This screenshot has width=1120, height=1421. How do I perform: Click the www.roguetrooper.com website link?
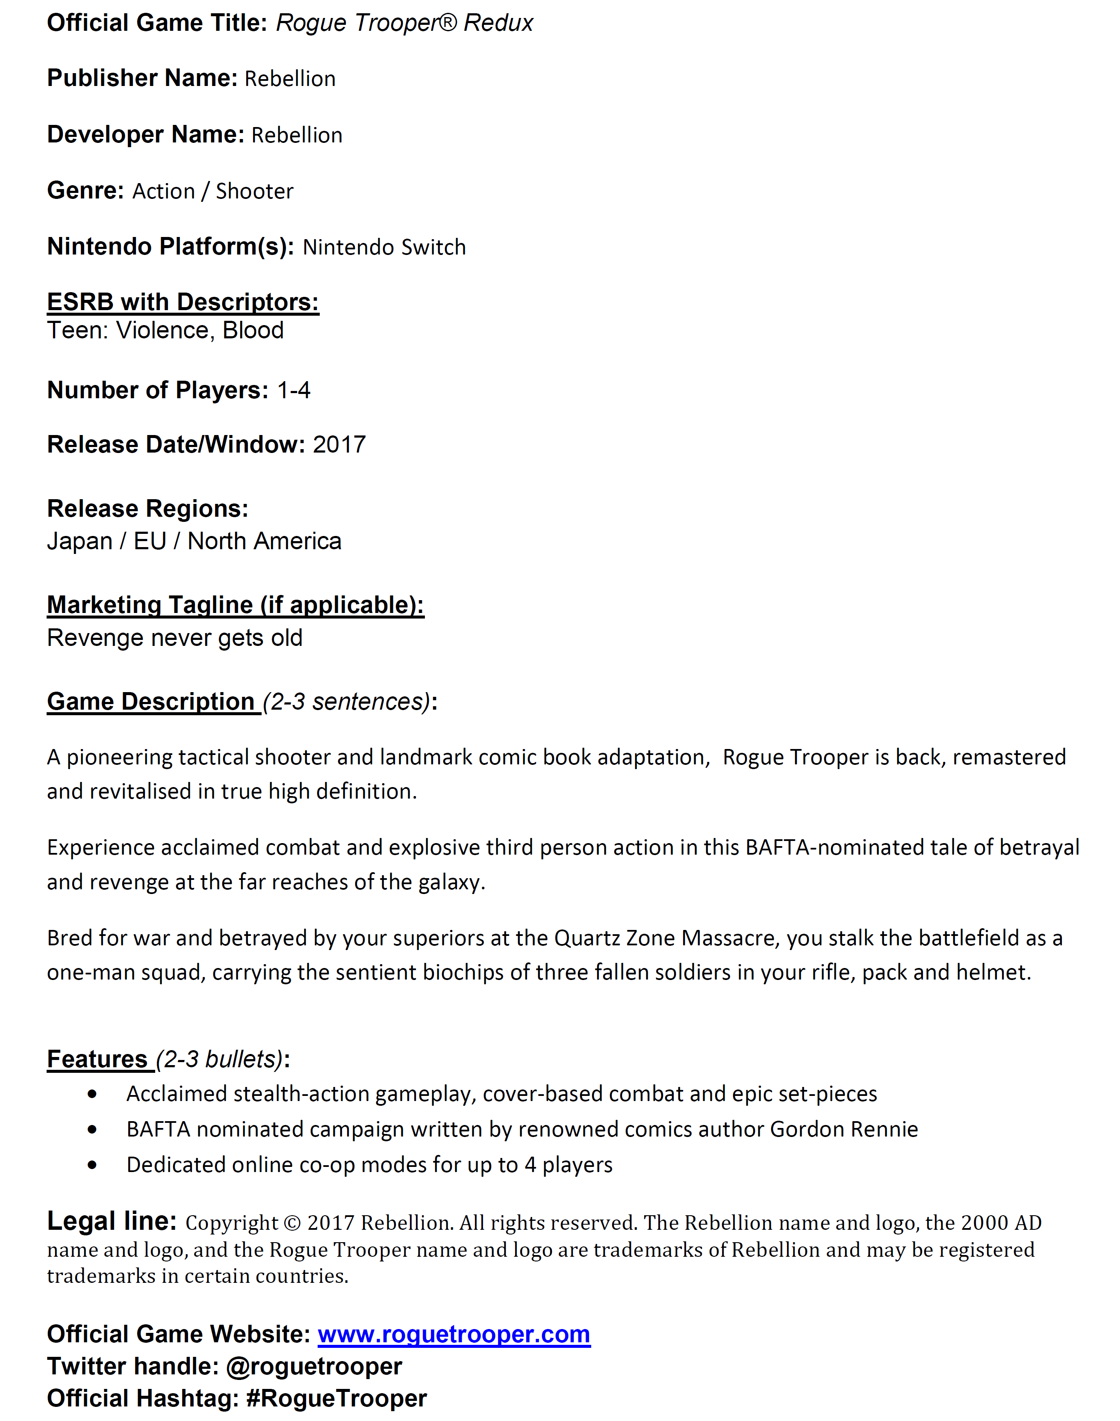454,1335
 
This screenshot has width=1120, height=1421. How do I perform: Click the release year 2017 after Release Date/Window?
339,445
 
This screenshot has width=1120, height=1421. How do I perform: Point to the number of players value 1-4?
294,391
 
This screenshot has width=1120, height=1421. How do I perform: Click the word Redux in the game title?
498,23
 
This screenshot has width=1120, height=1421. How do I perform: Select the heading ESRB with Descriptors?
183,302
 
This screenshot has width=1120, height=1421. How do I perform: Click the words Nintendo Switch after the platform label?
384,247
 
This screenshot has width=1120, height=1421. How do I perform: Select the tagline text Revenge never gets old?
174,638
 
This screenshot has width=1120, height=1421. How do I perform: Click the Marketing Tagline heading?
236,605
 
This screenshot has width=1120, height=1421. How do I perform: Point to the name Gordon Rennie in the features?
844,1130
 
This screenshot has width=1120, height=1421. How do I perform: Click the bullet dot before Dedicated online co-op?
92,1165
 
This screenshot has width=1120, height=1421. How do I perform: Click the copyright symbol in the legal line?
292,1223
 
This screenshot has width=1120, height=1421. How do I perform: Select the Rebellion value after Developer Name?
297,135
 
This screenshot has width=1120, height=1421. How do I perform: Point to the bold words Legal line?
112,1222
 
